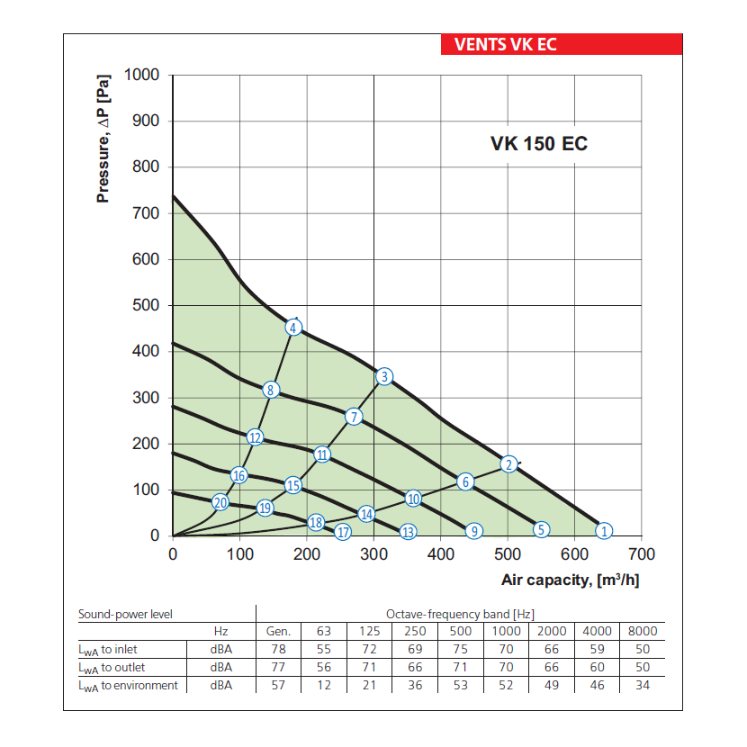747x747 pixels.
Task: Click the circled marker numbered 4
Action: pyautogui.click(x=293, y=328)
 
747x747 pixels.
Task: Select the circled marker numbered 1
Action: pyautogui.click(x=605, y=530)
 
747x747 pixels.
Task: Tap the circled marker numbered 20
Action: pyautogui.click(x=220, y=502)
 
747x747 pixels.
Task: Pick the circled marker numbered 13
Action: pyautogui.click(x=408, y=532)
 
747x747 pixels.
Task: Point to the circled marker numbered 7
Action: pyautogui.click(x=354, y=417)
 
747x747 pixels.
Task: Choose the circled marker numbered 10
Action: pyautogui.click(x=413, y=499)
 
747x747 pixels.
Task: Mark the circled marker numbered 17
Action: pyautogui.click(x=343, y=532)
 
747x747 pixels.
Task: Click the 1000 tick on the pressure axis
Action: pyautogui.click(x=140, y=75)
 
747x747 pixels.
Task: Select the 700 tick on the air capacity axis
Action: pyautogui.click(x=641, y=554)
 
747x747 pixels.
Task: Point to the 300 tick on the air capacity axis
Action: pyautogui.click(x=373, y=554)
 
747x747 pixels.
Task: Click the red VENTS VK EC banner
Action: pyautogui.click(x=562, y=44)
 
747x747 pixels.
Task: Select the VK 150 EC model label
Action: pyautogui.click(x=539, y=143)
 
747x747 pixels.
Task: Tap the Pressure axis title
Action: pyautogui.click(x=103, y=138)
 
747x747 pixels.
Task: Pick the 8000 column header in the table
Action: pyautogui.click(x=642, y=631)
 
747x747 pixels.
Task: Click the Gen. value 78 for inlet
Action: pyautogui.click(x=279, y=649)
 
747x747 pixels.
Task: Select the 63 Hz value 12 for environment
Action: pyautogui.click(x=324, y=685)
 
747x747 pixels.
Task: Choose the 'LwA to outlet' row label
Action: pyautogui.click(x=112, y=667)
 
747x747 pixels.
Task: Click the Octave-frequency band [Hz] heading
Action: pyautogui.click(x=460, y=614)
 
